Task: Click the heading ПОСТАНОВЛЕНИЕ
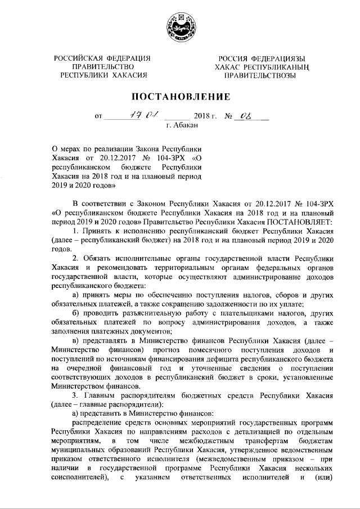tap(181, 96)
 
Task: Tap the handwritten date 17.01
tap(138, 116)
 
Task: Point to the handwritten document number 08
tap(245, 116)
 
